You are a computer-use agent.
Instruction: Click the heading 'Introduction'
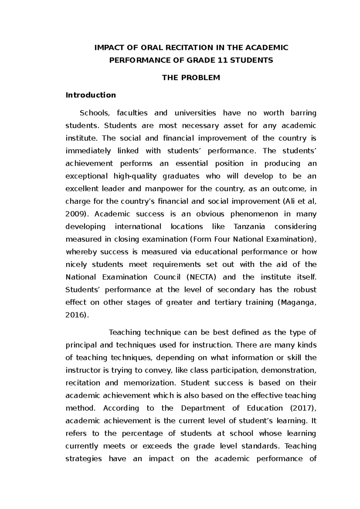pyautogui.click(x=91, y=95)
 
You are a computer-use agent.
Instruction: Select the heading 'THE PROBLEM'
pyautogui.click(x=191, y=78)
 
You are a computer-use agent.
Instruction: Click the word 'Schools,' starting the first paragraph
pyautogui.click(x=93, y=113)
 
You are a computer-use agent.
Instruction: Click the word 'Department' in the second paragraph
pyautogui.click(x=203, y=408)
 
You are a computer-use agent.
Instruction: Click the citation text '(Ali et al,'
pyautogui.click(x=299, y=201)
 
